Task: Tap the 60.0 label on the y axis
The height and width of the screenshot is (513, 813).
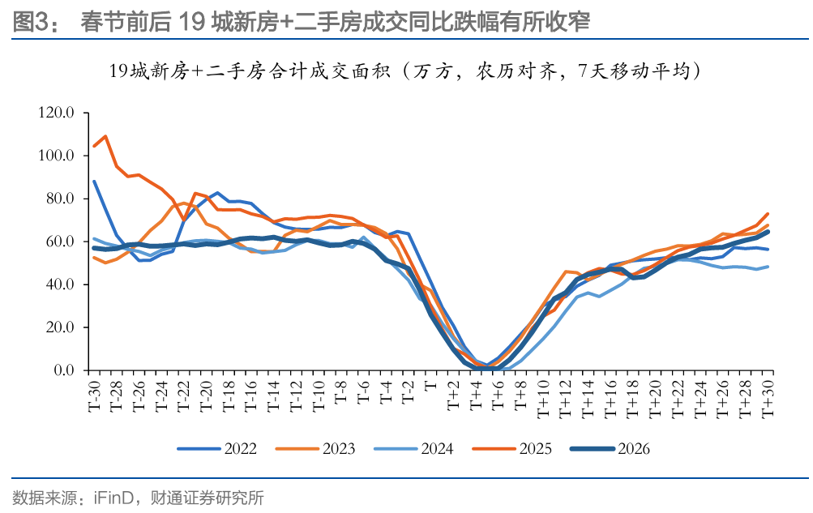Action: pos(59,242)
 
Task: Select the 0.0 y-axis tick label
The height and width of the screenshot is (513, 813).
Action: pos(63,370)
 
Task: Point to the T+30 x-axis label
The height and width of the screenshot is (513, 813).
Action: pos(768,399)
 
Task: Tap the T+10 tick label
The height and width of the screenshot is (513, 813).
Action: pos(543,399)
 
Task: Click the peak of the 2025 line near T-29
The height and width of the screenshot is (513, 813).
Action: pos(105,136)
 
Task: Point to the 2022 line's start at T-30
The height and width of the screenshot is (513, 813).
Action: pos(94,182)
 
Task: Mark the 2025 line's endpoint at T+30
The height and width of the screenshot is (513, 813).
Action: pos(767,214)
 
